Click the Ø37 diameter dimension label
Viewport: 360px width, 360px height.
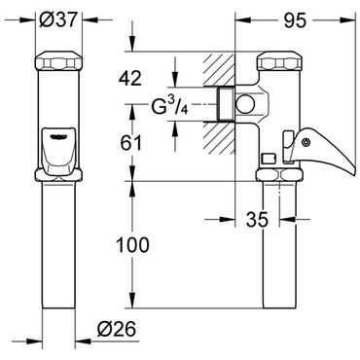click(58, 20)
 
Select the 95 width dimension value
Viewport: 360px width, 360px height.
click(295, 21)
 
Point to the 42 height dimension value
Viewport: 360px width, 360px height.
click(130, 79)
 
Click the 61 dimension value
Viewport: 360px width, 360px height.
click(131, 143)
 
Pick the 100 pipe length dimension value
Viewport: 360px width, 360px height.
click(132, 245)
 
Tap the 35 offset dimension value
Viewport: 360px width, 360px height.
click(257, 220)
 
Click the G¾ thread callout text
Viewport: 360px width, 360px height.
click(169, 106)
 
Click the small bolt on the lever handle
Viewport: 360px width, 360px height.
click(306, 142)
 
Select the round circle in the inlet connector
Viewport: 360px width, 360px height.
click(244, 104)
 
